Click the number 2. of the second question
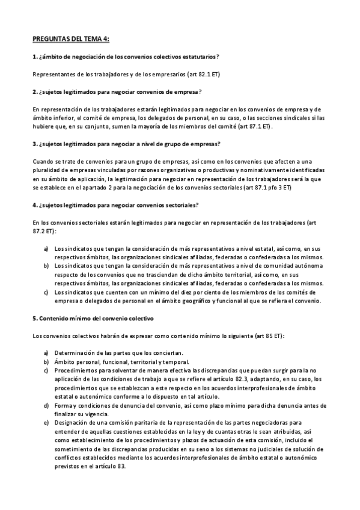point(34,91)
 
